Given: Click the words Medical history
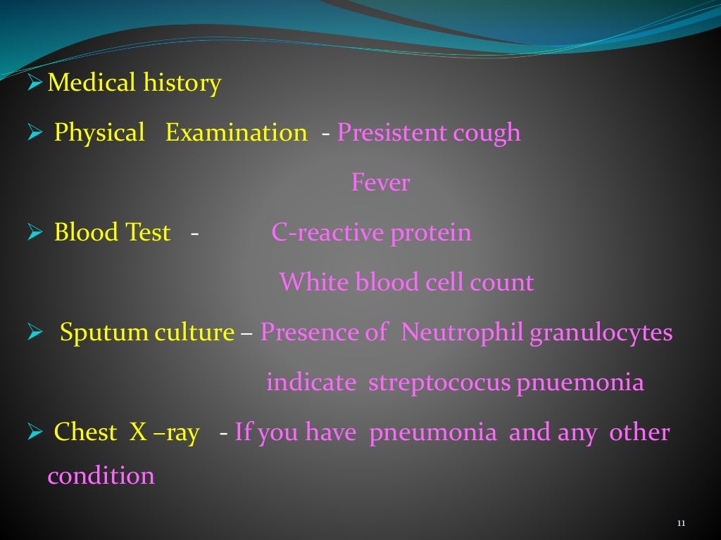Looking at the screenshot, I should [134, 84].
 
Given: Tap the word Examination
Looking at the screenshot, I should [236, 133].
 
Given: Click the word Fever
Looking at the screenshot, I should [380, 184].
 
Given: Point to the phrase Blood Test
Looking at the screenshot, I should [112, 233].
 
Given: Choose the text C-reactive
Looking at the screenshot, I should [316, 233].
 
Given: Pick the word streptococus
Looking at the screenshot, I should [439, 383].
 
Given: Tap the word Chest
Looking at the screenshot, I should [85, 432].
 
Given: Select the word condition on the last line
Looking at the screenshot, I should [101, 477].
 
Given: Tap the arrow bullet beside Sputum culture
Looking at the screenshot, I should [36, 333].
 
